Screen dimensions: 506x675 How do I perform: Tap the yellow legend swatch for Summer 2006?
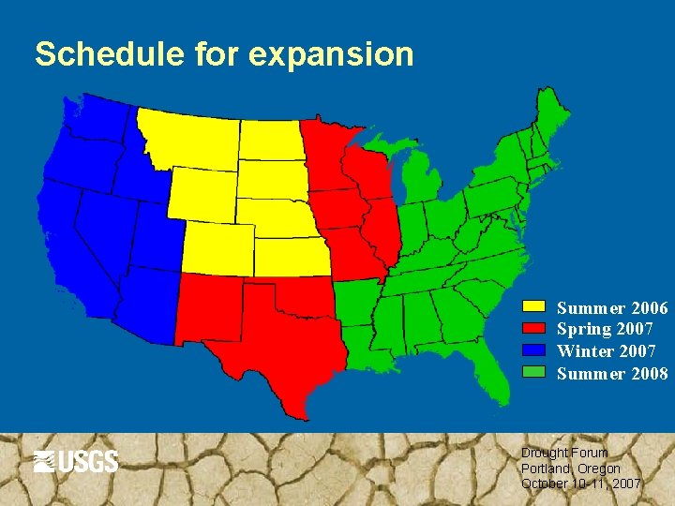click(x=533, y=307)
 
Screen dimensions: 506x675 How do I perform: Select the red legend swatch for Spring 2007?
click(x=533, y=329)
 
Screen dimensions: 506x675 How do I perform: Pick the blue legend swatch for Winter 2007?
click(x=533, y=350)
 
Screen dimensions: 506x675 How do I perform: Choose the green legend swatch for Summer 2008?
click(x=533, y=372)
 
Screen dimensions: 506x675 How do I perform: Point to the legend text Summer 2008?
click(x=611, y=373)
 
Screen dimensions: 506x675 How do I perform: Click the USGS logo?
click(x=76, y=461)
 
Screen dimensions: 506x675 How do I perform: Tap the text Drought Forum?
click(x=563, y=453)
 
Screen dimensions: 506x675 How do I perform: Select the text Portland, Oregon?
click(x=570, y=469)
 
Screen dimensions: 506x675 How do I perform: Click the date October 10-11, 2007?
click(x=580, y=484)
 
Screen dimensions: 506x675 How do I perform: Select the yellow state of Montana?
click(x=192, y=141)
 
